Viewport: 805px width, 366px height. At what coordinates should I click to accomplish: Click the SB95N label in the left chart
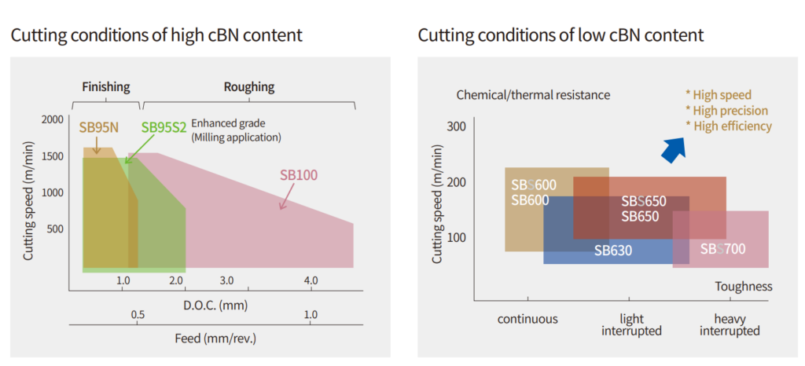click(x=98, y=126)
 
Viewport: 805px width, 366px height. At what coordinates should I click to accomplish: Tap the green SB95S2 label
click(x=164, y=126)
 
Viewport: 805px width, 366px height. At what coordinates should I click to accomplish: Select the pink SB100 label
click(x=299, y=174)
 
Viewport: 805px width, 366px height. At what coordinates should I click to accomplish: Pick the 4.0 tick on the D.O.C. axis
click(x=311, y=280)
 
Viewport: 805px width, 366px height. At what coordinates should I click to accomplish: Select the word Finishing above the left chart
click(x=106, y=87)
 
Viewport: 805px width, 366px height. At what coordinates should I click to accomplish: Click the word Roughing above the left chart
click(x=249, y=87)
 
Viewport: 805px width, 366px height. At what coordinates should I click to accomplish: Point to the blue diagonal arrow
click(x=672, y=148)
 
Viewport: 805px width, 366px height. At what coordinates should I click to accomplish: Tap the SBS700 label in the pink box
click(x=722, y=250)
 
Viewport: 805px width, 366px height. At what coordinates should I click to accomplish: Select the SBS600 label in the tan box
click(x=534, y=185)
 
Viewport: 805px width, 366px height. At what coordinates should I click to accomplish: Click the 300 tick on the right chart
click(x=457, y=126)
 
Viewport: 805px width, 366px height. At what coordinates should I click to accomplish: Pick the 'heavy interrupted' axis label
click(x=730, y=324)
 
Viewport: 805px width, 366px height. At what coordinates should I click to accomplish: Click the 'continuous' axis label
click(x=527, y=319)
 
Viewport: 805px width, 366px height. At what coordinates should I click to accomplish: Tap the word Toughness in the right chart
click(x=744, y=287)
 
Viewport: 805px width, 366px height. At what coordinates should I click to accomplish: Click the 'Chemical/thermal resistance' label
click(x=533, y=95)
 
